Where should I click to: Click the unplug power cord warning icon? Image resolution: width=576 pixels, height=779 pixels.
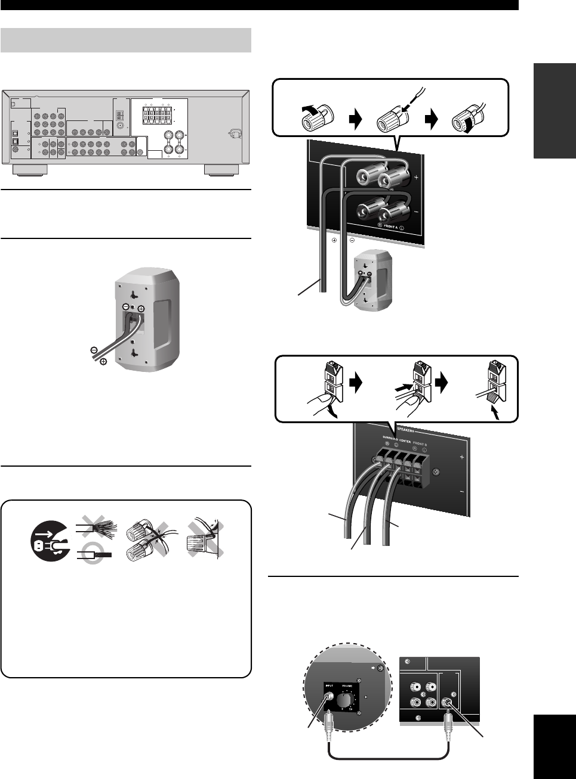coord(51,541)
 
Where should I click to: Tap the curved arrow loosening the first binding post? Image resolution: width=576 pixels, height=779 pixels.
coord(311,108)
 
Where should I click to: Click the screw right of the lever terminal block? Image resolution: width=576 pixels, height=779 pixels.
coord(437,472)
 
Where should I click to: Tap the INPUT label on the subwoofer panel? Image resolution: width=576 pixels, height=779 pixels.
coord(329,687)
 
